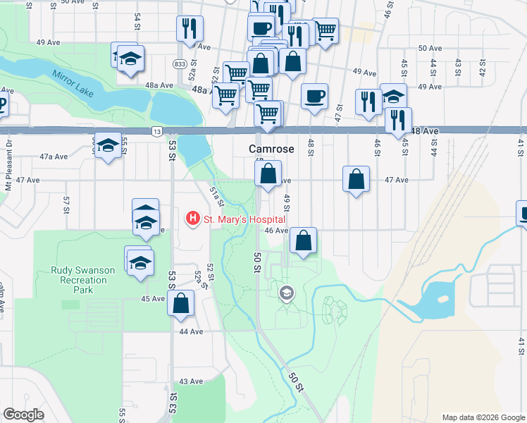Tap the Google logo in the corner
(x=23, y=415)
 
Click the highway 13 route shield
(x=157, y=132)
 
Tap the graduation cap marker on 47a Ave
(x=107, y=146)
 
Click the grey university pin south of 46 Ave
(x=286, y=293)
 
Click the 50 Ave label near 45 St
(x=430, y=48)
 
